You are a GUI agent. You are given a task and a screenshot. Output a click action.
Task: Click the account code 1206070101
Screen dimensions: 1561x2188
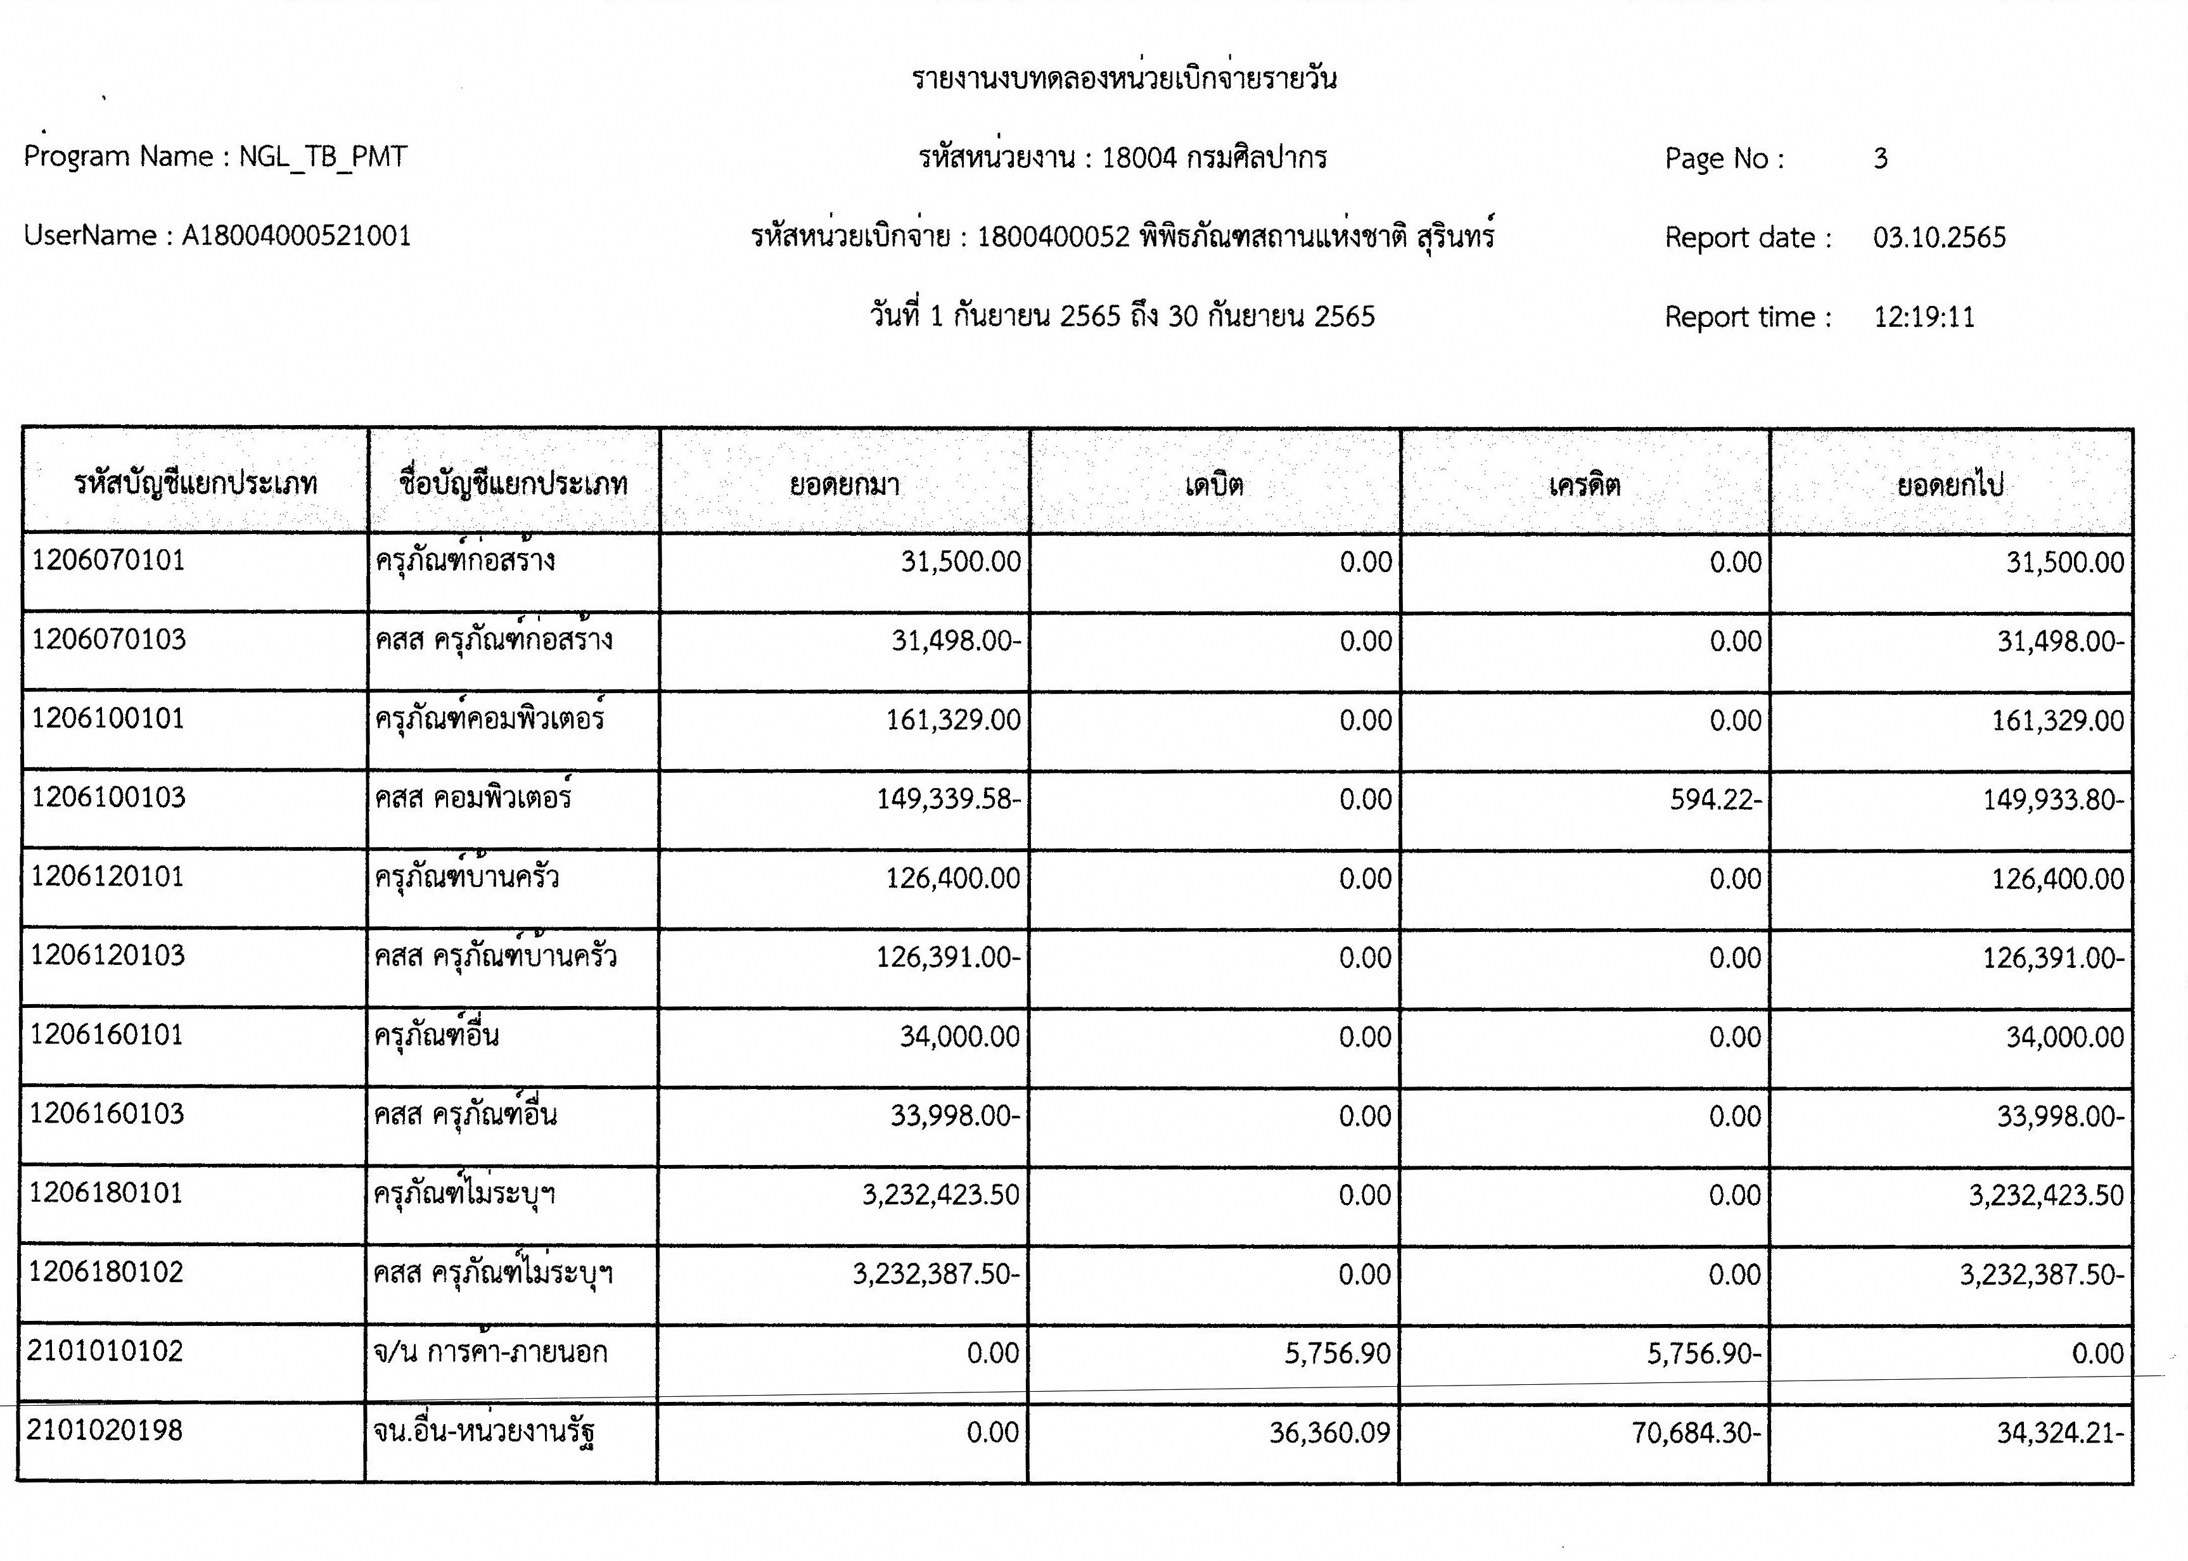click(x=108, y=561)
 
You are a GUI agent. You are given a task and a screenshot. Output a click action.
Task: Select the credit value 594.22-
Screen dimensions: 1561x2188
click(x=1715, y=800)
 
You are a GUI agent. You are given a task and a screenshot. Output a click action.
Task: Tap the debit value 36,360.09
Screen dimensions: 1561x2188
click(x=1329, y=1433)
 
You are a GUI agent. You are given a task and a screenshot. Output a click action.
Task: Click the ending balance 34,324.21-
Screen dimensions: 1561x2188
click(x=2060, y=1433)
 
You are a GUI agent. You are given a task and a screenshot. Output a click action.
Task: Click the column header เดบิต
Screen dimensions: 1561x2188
click(x=1214, y=483)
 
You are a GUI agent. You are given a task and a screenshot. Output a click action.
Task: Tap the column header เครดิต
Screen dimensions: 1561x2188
click(x=1584, y=483)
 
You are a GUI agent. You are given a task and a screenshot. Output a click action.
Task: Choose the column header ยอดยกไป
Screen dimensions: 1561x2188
click(x=1950, y=483)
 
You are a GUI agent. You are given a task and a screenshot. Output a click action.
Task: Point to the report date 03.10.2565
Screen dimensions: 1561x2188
click(x=1939, y=238)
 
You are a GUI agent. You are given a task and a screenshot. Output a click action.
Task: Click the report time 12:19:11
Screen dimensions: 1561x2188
click(x=1924, y=317)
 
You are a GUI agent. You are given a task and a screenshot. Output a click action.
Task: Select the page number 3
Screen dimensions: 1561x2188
click(x=1881, y=158)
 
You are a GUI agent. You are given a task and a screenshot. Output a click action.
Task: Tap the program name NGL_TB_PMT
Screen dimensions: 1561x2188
click(x=323, y=156)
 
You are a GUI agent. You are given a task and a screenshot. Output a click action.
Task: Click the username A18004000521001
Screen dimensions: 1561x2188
click(x=296, y=236)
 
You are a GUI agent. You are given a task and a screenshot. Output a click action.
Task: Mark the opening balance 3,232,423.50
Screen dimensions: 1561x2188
click(x=940, y=1195)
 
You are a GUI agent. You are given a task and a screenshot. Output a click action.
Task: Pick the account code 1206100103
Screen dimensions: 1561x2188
click(x=108, y=798)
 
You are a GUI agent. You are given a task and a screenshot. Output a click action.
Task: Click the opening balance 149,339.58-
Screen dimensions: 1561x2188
click(x=948, y=800)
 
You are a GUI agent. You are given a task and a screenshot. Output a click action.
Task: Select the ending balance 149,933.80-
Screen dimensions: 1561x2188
click(x=2052, y=800)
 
